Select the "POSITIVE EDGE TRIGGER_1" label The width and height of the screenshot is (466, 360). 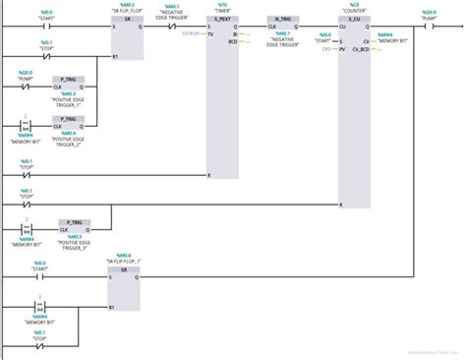pos(71,99)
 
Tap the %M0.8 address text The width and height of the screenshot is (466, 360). pos(124,255)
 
